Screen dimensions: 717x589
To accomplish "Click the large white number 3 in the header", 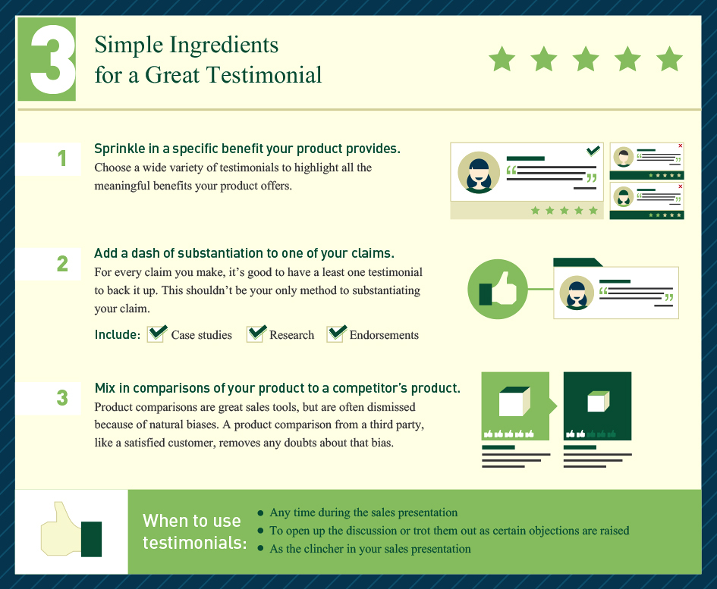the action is click(x=52, y=59).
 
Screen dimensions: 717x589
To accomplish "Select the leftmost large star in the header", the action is click(x=502, y=58).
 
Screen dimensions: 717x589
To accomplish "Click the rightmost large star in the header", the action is click(x=669, y=58).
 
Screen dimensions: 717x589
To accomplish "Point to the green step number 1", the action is click(x=62, y=158).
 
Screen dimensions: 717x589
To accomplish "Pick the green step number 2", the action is click(x=62, y=264).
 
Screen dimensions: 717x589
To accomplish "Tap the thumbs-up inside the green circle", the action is click(x=498, y=289).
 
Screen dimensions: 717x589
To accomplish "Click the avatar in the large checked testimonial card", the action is click(x=479, y=173).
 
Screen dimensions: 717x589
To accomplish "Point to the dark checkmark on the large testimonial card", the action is click(x=593, y=150).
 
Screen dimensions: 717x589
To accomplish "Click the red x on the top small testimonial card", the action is click(x=681, y=146).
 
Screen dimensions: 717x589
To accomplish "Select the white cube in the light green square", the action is click(x=514, y=402).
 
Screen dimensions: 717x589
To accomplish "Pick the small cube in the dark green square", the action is click(x=598, y=402).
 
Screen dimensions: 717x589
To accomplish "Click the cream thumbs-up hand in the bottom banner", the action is click(x=61, y=530).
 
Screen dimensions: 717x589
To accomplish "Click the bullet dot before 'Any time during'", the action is click(x=261, y=513).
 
